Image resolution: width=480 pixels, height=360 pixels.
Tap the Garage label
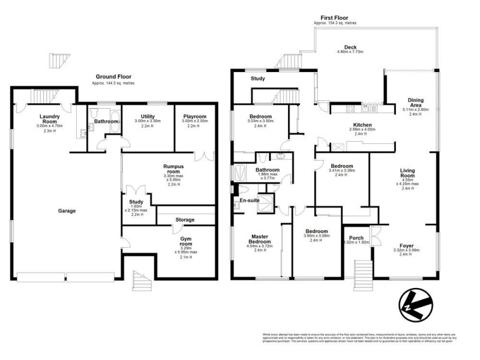click(x=67, y=211)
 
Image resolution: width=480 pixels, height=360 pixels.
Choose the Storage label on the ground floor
click(x=185, y=220)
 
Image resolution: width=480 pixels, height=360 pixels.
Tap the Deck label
click(x=351, y=47)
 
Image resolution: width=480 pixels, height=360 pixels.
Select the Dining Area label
click(x=415, y=103)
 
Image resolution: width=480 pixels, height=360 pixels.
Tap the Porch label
click(x=356, y=238)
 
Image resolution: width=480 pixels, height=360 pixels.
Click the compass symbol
click(x=414, y=305)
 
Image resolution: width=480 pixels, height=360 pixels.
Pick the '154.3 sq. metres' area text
click(x=351, y=23)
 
